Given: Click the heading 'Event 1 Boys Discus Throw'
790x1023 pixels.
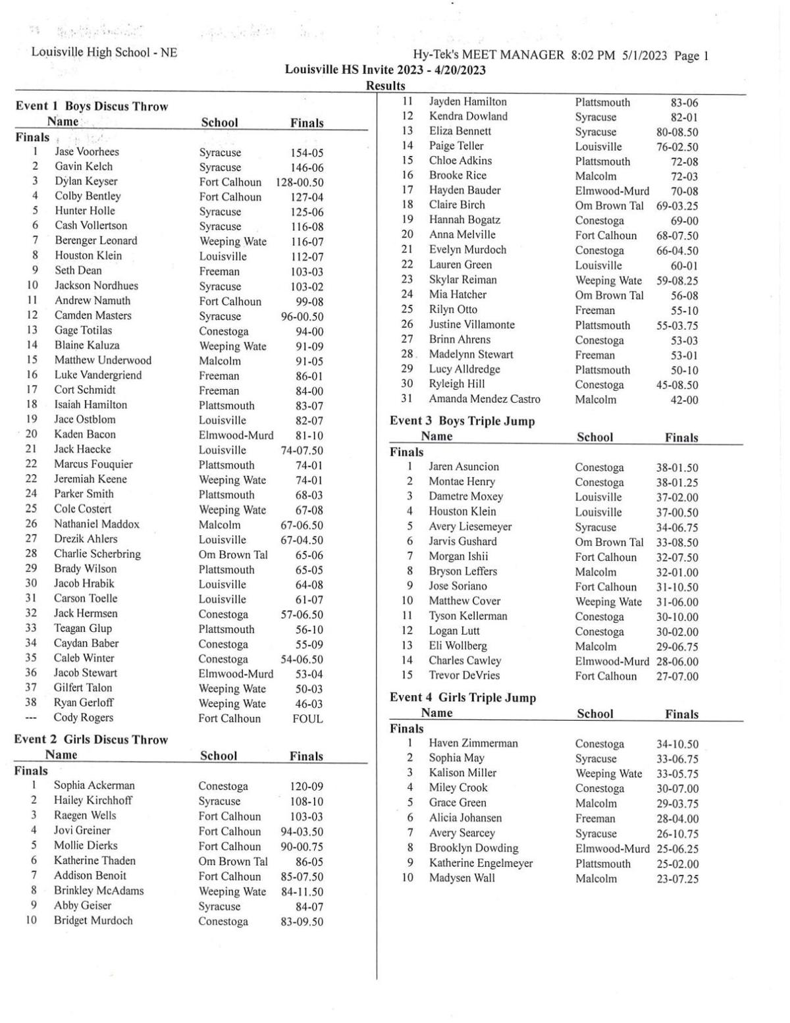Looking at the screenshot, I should [x=92, y=107].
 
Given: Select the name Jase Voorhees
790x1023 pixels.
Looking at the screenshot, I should [x=87, y=152].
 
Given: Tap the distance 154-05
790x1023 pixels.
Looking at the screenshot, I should [x=307, y=153].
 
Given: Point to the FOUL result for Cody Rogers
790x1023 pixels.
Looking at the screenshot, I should [x=307, y=719].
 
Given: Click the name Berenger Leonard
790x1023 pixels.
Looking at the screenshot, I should [x=96, y=241].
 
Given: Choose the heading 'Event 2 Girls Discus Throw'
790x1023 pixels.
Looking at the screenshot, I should [x=91, y=740].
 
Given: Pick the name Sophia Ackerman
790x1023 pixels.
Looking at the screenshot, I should [x=94, y=785].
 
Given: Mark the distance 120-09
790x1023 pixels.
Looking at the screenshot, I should [x=306, y=787].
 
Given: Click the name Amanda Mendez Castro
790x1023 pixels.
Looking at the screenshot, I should [x=485, y=399].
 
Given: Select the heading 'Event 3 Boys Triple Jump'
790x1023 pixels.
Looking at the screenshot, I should [x=462, y=421].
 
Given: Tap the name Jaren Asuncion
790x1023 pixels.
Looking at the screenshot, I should [x=464, y=467].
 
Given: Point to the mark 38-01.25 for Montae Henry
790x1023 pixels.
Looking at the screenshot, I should [x=677, y=483].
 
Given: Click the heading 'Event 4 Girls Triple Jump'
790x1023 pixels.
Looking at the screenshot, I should [x=463, y=698].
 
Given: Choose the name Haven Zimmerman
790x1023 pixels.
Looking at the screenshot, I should [x=473, y=743].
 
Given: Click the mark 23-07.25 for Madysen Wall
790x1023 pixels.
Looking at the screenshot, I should [x=677, y=879].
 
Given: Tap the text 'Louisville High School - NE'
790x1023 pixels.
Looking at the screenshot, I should [x=104, y=52].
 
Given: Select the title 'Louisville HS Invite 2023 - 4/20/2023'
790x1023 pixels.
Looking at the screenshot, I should [x=385, y=70].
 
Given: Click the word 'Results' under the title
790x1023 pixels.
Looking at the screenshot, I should [x=385, y=86].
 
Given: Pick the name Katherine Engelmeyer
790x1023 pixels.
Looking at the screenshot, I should [x=481, y=863].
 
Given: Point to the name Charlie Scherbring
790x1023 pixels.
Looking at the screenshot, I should [x=97, y=554].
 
